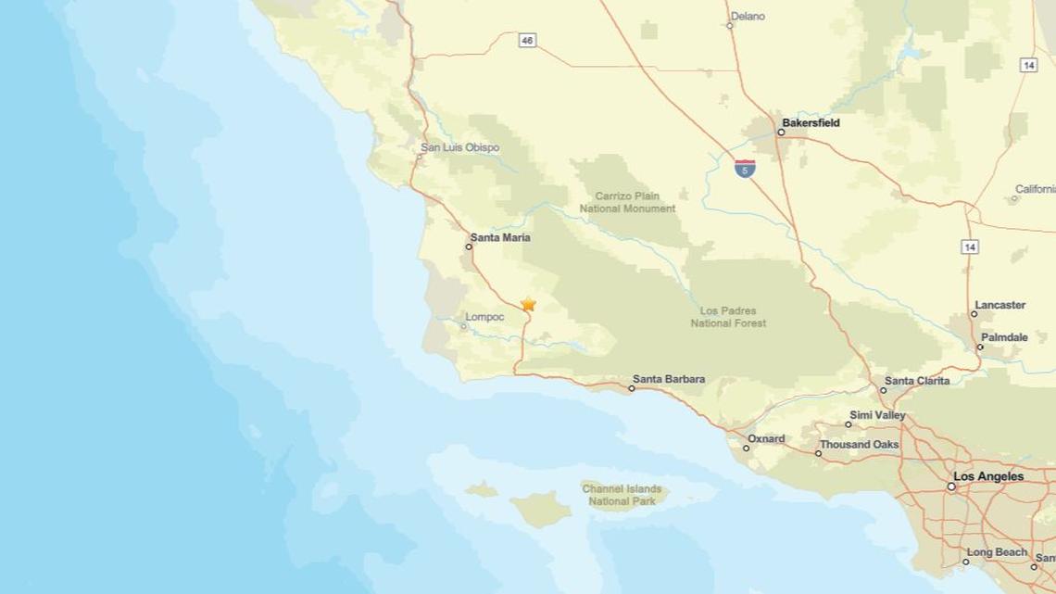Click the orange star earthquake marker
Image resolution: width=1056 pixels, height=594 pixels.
528,304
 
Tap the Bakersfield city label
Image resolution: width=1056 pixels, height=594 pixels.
811,122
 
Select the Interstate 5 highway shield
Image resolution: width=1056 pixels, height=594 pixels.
745,169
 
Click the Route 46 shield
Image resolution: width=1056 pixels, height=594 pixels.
527,40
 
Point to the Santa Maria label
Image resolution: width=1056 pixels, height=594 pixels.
500,238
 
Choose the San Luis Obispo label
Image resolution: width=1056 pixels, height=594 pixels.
459,147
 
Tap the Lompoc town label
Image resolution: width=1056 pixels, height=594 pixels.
484,317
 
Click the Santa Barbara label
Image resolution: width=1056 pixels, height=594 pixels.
669,379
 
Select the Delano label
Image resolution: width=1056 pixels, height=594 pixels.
748,17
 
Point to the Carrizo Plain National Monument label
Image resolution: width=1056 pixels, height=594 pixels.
627,203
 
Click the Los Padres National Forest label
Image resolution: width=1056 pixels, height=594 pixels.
728,317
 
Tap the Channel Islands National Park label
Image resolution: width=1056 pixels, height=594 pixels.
622,495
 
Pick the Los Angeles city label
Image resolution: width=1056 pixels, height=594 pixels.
988,476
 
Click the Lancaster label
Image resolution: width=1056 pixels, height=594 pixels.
999,305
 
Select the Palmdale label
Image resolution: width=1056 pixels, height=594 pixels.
1004,338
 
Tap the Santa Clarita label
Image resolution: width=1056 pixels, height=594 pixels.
916,381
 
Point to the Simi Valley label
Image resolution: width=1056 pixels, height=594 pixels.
877,415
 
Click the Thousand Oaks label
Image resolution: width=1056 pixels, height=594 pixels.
859,445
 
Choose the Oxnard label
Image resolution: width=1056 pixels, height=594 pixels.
766,439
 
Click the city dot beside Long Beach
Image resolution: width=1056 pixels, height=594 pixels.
965,562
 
